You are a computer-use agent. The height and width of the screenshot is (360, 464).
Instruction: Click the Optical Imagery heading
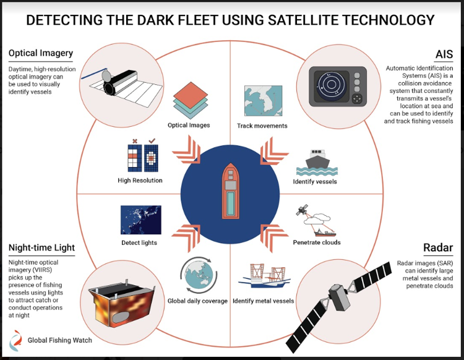tap(41, 54)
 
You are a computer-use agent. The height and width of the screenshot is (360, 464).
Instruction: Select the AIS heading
tap(444, 54)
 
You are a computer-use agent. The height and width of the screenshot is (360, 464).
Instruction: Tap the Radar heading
tap(438, 248)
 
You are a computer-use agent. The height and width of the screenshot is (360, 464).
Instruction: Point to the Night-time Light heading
tap(41, 248)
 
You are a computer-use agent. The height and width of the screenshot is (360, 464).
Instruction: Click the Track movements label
tap(262, 126)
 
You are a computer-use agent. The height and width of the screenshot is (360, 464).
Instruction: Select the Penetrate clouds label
tap(316, 242)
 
